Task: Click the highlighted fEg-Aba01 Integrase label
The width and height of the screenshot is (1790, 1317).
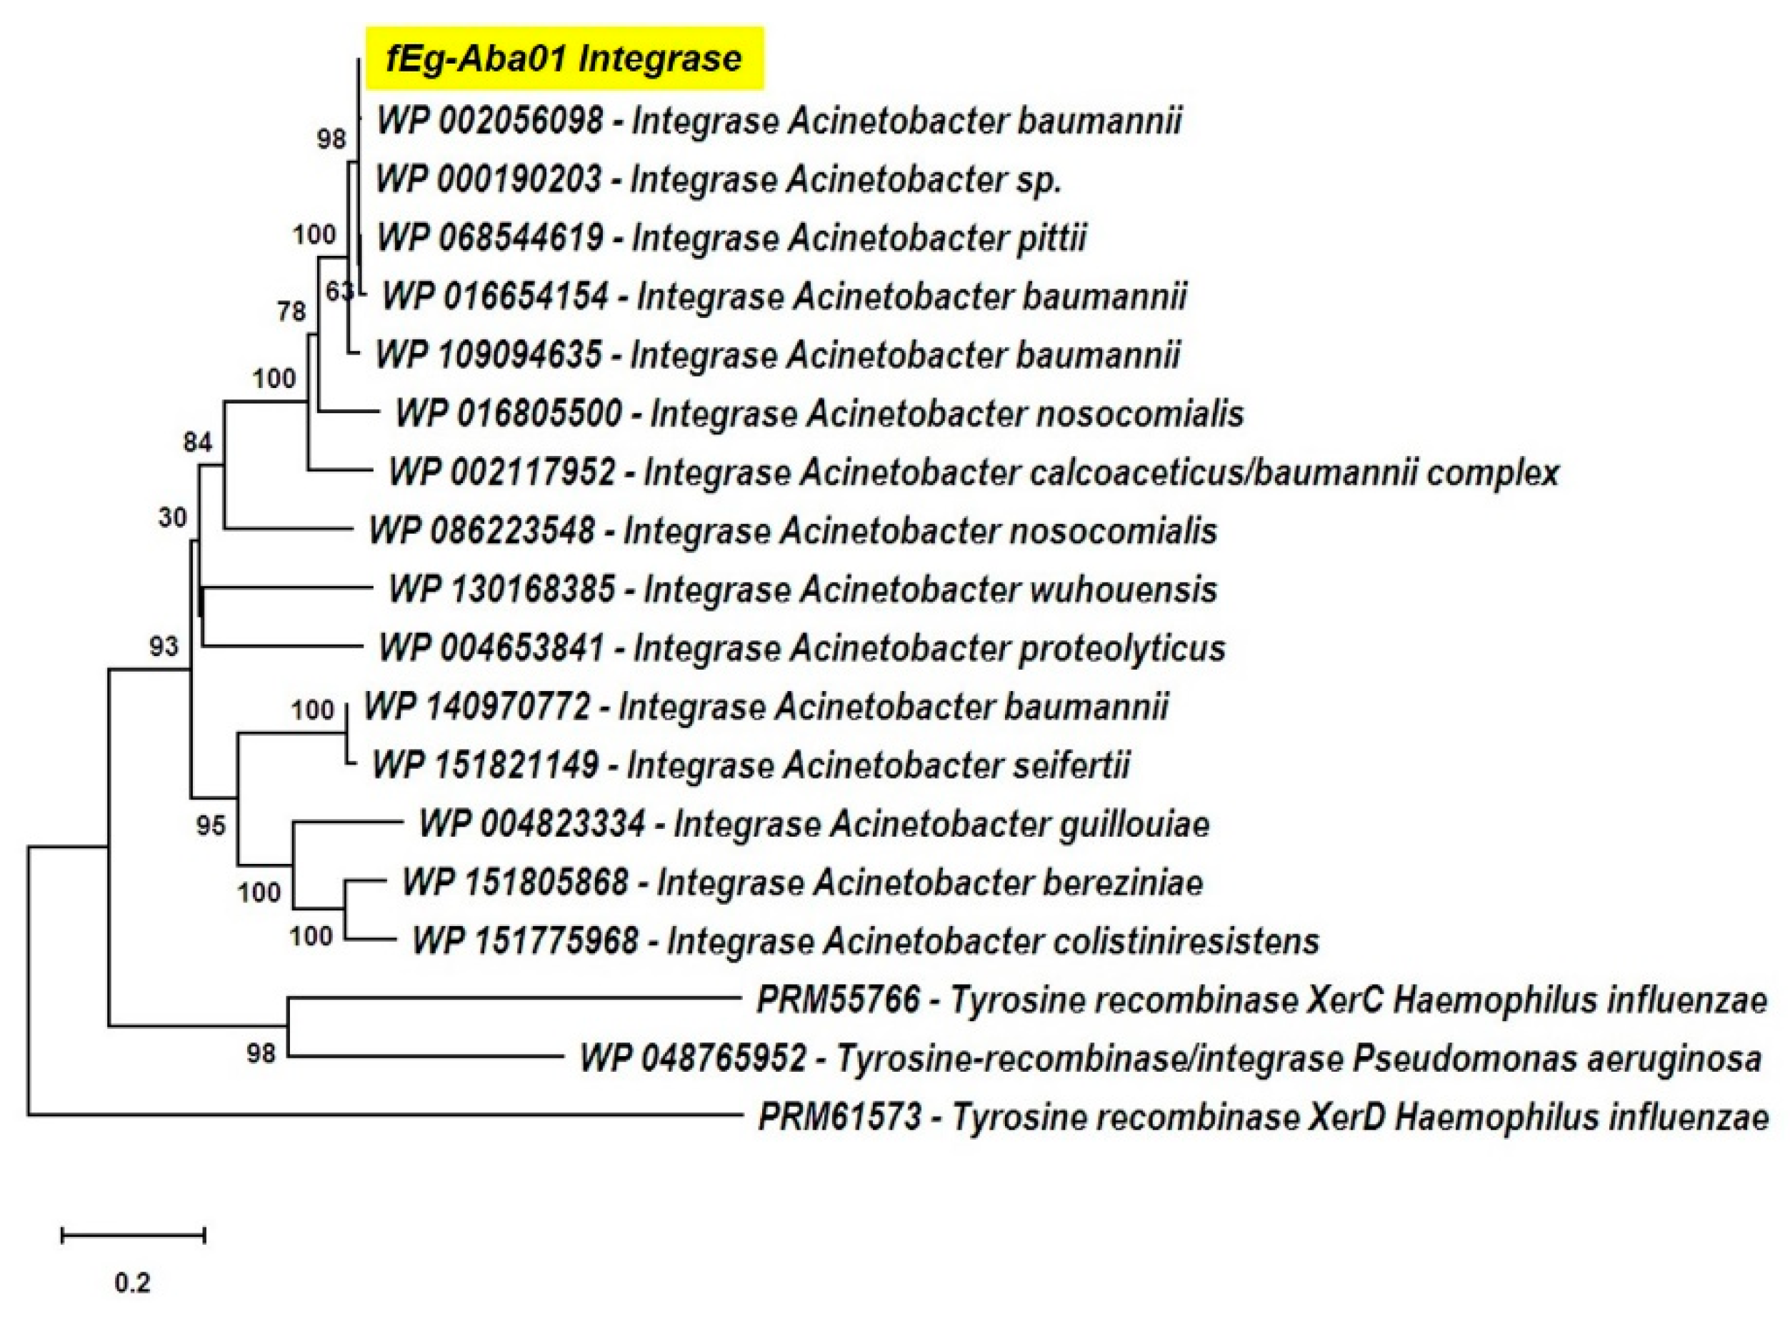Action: [564, 58]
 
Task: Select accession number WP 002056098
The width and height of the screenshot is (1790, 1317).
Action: [490, 120]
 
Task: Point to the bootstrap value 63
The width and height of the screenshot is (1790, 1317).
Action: [339, 291]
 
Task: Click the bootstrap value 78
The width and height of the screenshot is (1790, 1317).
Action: [291, 310]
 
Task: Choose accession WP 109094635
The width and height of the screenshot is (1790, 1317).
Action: [489, 354]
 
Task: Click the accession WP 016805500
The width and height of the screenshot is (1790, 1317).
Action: [509, 413]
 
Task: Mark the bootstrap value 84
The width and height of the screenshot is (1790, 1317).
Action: [197, 441]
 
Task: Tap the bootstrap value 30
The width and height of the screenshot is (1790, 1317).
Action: [172, 517]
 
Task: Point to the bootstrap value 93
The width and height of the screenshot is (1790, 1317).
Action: [164, 646]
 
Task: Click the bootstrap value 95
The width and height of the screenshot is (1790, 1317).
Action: [211, 825]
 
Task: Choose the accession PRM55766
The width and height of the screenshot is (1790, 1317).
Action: [838, 1000]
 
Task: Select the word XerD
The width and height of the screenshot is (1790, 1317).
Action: [1348, 1117]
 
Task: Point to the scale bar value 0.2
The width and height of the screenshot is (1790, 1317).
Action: [132, 1283]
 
